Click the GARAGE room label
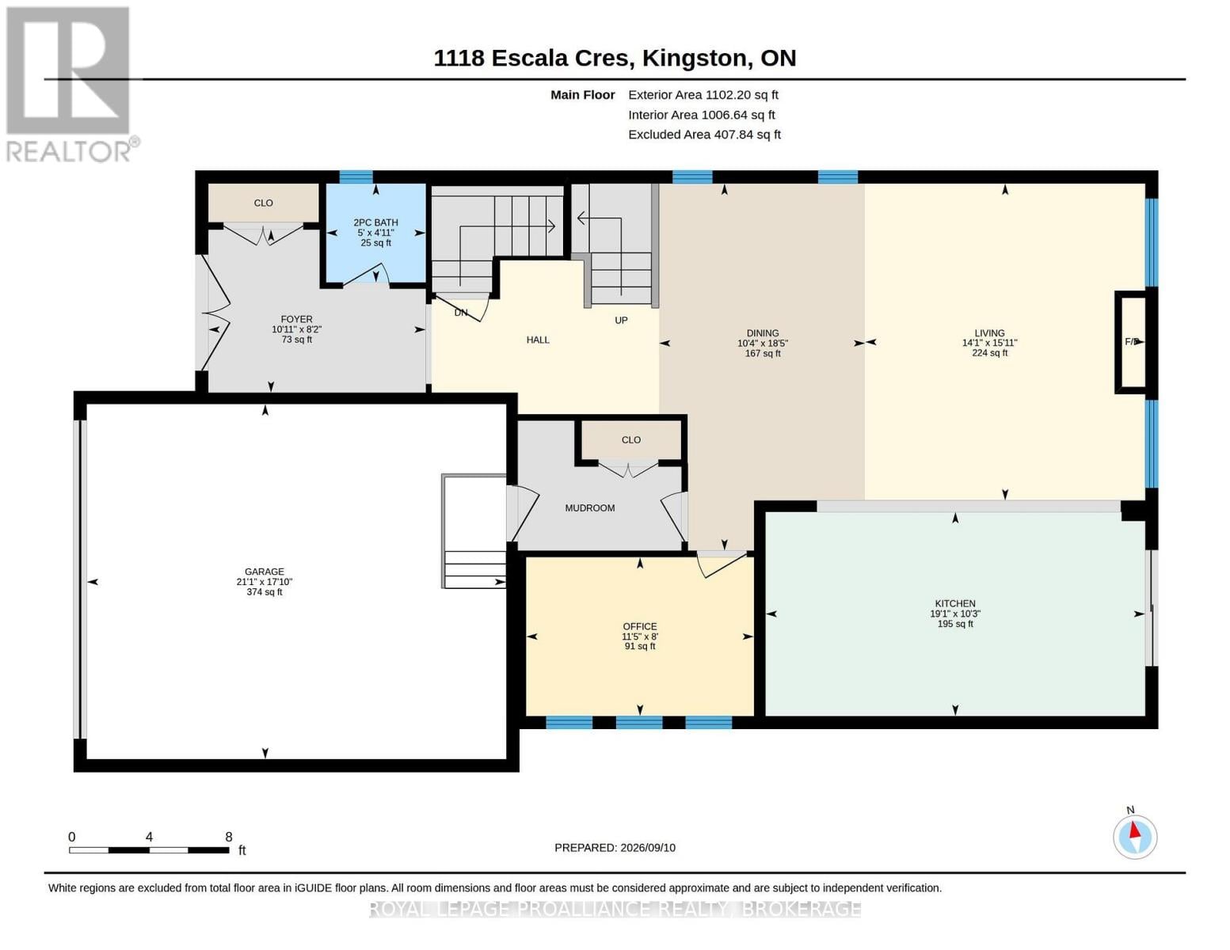(x=265, y=572)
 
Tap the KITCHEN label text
(x=955, y=604)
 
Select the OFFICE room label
(x=640, y=626)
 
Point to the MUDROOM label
(x=590, y=508)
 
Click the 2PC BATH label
(x=376, y=222)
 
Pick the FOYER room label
(x=296, y=319)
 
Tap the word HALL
(x=538, y=340)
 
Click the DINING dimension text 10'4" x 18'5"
(x=763, y=343)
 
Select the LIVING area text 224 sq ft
(x=989, y=353)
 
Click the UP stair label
(x=621, y=321)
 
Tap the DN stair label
(x=461, y=313)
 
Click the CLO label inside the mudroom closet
(x=631, y=439)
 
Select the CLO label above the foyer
(x=263, y=203)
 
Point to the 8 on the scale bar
(x=229, y=837)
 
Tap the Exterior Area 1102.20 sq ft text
(x=703, y=95)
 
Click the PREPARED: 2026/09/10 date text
(x=615, y=848)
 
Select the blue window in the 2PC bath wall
(x=356, y=177)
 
